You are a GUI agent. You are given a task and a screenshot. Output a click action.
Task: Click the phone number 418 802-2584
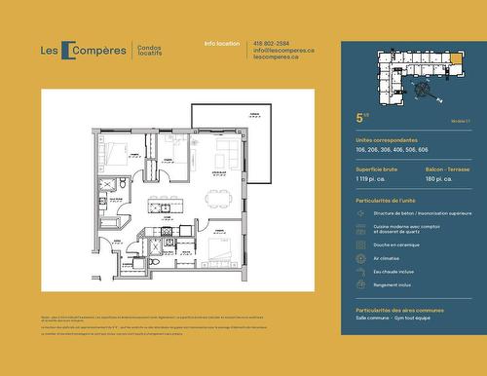tap(270, 44)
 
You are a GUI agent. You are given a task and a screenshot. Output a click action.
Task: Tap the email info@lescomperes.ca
tap(282, 51)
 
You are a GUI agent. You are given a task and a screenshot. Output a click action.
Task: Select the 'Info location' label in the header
tap(222, 44)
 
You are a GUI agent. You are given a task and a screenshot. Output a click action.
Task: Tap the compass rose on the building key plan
tap(425, 91)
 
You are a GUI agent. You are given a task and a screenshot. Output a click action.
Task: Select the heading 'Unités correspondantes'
tap(387, 140)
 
